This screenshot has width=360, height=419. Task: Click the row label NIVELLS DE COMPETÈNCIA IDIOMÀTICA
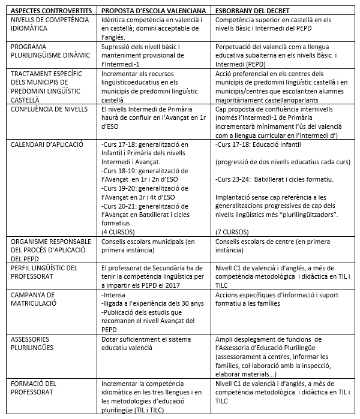click(46, 25)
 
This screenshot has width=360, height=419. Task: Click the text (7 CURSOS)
click(231, 231)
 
